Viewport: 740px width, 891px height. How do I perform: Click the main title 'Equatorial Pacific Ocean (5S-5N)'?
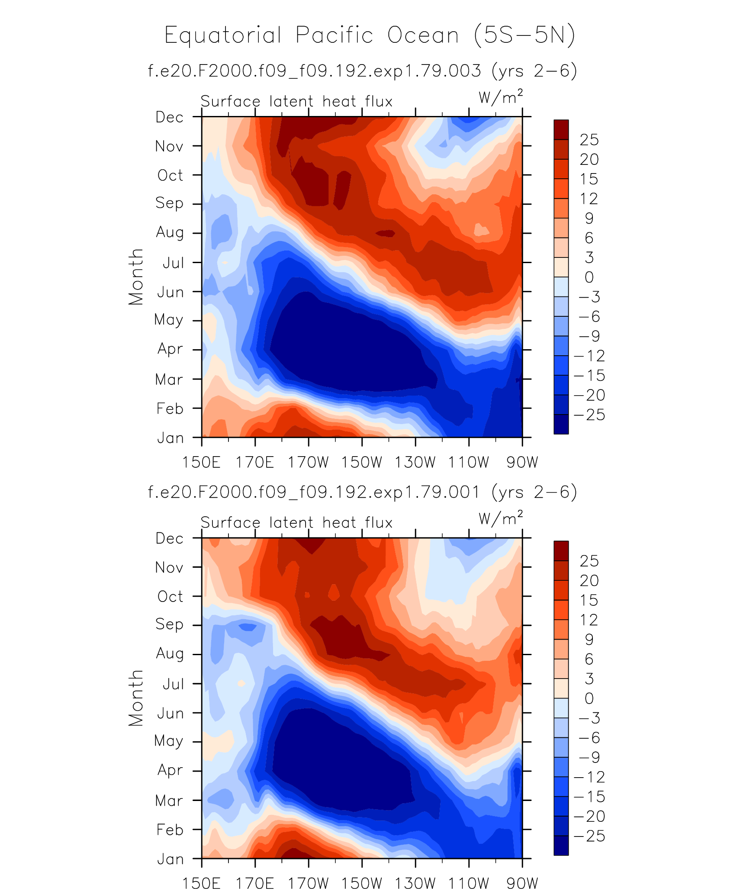click(x=370, y=35)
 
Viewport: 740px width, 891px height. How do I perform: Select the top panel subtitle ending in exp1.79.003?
click(x=363, y=71)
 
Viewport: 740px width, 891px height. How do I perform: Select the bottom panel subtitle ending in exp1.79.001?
click(x=363, y=492)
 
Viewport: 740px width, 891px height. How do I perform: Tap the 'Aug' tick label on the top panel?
click(x=170, y=233)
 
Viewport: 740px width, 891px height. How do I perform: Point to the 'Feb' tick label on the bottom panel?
click(x=170, y=830)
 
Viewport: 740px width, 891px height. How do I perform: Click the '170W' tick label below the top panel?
click(x=309, y=463)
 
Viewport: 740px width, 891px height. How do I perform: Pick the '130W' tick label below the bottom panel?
click(x=415, y=883)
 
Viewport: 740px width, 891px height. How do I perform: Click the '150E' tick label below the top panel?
click(x=201, y=463)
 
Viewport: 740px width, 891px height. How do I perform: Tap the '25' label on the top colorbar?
click(x=589, y=140)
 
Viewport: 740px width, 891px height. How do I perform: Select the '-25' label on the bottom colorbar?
click(x=589, y=836)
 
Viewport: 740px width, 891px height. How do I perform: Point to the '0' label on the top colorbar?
click(x=589, y=277)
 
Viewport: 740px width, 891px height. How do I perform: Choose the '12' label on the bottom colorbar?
click(x=589, y=620)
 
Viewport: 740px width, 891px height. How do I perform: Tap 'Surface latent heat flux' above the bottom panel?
click(x=296, y=523)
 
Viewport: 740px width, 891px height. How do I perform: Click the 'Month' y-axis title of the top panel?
click(x=136, y=277)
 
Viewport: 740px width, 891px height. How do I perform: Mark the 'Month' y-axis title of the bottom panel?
click(x=136, y=698)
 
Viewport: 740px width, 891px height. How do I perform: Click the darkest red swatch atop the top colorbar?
click(x=561, y=129)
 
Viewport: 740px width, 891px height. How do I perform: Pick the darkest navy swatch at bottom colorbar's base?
click(x=561, y=845)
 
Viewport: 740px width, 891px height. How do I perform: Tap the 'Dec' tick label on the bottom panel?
click(x=170, y=538)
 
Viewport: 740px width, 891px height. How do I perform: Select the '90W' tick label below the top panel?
click(x=522, y=463)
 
